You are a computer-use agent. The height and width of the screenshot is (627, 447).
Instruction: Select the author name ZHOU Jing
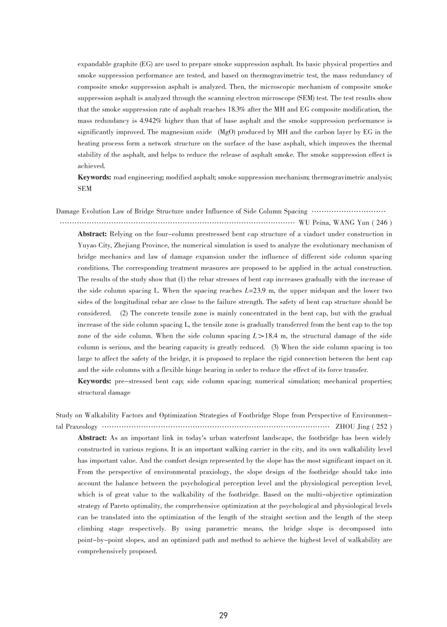(x=352, y=427)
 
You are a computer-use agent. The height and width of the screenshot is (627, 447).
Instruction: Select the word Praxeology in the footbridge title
(x=81, y=427)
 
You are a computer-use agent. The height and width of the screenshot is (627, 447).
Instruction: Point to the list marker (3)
(x=275, y=347)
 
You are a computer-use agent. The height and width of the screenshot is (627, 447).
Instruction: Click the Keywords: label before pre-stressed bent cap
(x=94, y=381)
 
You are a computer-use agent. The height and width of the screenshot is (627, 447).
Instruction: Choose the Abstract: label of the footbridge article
(x=92, y=438)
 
